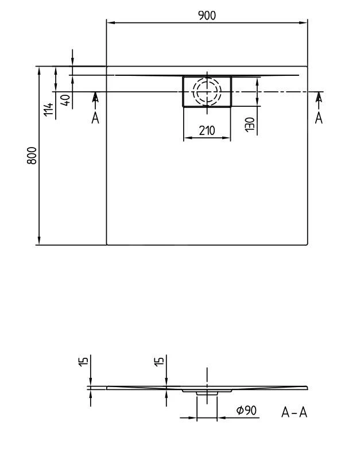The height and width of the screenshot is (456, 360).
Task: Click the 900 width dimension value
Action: pyautogui.click(x=207, y=16)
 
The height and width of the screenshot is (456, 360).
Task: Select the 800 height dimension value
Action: pyautogui.click(x=33, y=155)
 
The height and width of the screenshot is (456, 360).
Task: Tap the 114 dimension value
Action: pyautogui.click(x=49, y=109)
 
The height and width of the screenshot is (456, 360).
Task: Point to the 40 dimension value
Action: pyautogui.click(x=66, y=99)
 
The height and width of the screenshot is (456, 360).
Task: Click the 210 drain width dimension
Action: pyautogui.click(x=207, y=130)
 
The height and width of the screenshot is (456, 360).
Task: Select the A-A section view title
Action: pyautogui.click(x=295, y=412)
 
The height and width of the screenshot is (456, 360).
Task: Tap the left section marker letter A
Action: pyautogui.click(x=95, y=118)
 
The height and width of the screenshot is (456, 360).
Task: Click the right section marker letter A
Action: pyautogui.click(x=319, y=118)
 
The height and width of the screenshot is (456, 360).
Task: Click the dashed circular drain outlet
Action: pyautogui.click(x=207, y=91)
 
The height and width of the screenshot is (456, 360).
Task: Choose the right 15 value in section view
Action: pyautogui.click(x=160, y=361)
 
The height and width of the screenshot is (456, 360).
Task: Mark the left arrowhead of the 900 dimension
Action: pyautogui.click(x=110, y=23)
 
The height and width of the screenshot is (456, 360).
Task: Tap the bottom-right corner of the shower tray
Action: pyautogui.click(x=307, y=245)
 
